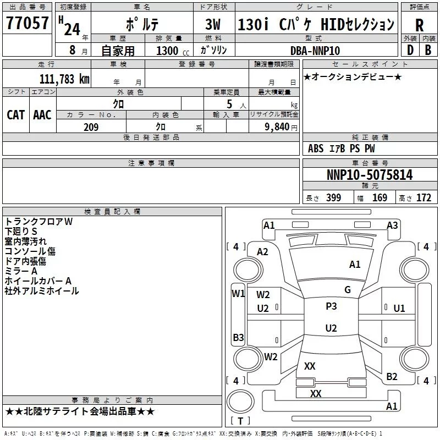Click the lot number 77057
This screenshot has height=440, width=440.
(27, 23)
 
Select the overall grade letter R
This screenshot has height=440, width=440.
(419, 25)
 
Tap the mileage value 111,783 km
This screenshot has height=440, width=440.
(64, 79)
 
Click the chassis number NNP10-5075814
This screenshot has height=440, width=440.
(370, 174)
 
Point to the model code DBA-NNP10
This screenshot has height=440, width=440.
(315, 51)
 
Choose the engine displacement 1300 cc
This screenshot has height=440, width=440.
(173, 51)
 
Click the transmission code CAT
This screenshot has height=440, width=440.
(15, 115)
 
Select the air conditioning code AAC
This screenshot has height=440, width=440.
(42, 115)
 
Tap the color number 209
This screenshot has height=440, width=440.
(91, 127)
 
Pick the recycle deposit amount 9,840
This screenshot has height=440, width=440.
(277, 127)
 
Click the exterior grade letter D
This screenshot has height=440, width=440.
(410, 50)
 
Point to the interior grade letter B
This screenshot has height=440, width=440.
(428, 50)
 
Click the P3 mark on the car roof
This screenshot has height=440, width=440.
(331, 306)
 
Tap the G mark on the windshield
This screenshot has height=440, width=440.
(348, 290)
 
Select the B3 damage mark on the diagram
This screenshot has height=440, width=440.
(238, 337)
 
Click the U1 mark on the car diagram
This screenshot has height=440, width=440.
(399, 309)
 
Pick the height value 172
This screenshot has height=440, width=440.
(424, 198)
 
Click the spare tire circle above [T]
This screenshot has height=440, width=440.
(240, 402)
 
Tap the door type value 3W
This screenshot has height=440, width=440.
(213, 24)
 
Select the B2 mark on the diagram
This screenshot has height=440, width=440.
(392, 377)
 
